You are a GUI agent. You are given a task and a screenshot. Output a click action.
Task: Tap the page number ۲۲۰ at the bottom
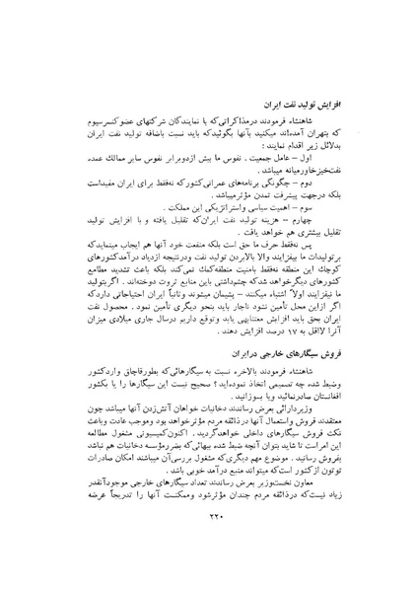(x=206, y=556)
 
